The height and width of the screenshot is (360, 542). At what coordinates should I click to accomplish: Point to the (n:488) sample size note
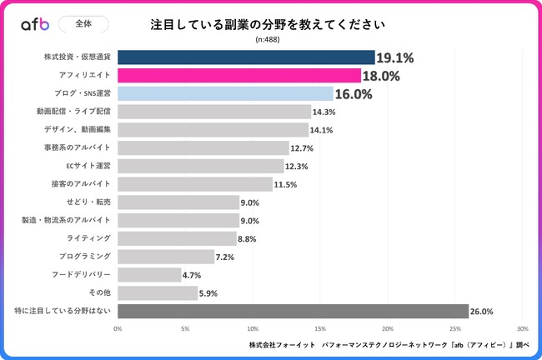pos(268,39)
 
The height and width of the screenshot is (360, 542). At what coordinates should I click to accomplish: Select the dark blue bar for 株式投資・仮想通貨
pos(246,57)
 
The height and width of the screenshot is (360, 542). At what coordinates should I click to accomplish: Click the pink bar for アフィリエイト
pos(239,76)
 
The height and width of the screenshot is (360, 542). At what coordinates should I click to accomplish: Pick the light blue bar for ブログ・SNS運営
pos(225,93)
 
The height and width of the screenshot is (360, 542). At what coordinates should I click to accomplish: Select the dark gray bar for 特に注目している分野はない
pos(293,311)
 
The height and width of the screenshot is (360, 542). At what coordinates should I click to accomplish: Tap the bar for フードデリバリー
pos(149,274)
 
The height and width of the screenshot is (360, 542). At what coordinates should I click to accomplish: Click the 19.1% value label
pos(395,58)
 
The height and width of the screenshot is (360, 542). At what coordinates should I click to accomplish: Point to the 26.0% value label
pos(482,312)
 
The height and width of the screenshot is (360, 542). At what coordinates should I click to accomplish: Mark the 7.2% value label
pos(225,257)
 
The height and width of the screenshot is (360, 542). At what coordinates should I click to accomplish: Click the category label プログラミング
pos(84,257)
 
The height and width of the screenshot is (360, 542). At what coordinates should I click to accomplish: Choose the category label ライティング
pos(91,238)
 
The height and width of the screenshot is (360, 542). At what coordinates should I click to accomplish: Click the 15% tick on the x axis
pos(320,328)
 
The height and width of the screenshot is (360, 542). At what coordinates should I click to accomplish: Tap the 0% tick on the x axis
pos(118,328)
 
